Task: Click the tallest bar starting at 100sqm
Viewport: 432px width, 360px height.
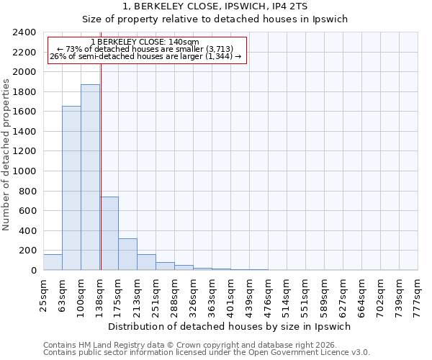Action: tap(90, 177)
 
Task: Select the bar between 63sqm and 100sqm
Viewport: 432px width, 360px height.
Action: tap(71, 188)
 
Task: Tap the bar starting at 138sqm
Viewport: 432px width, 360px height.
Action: tap(109, 233)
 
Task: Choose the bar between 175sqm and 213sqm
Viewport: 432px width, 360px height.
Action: tap(127, 254)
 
